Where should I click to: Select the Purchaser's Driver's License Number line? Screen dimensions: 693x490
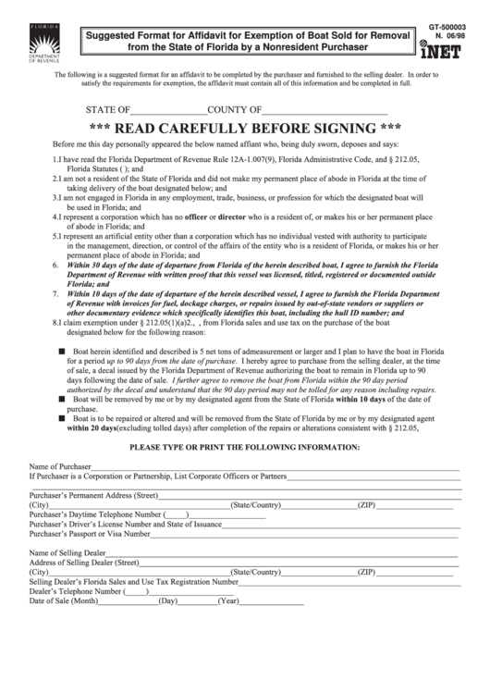tap(287, 524)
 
